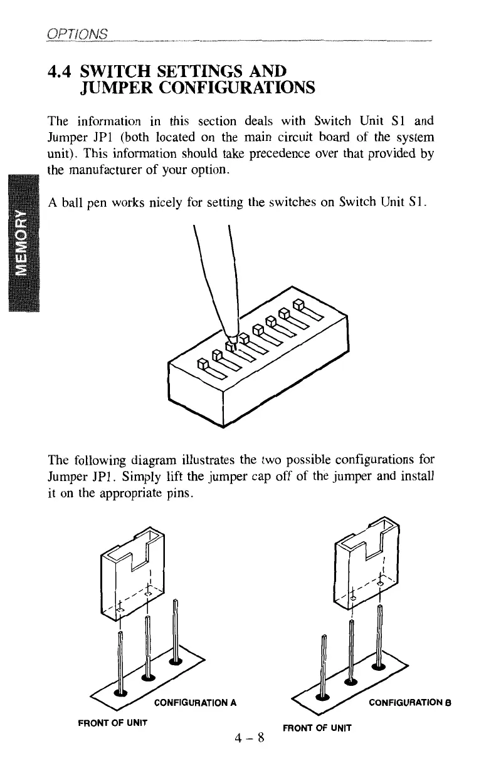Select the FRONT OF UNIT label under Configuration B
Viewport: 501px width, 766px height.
click(317, 728)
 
